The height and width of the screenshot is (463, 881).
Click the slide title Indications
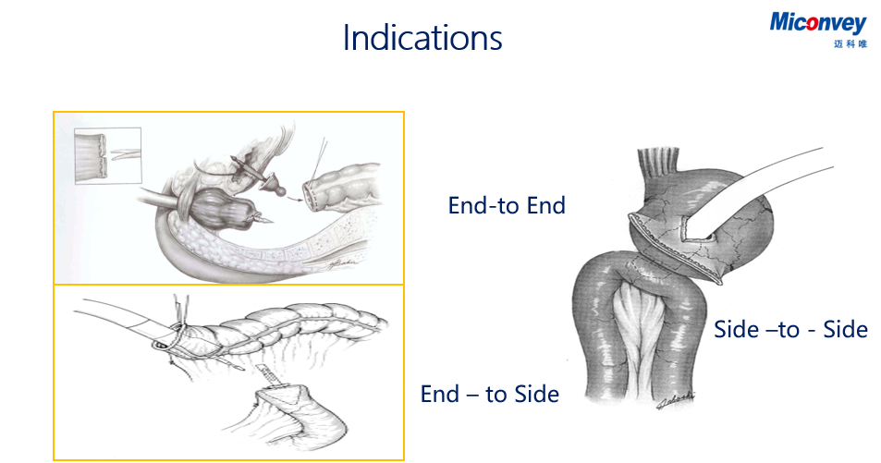point(422,38)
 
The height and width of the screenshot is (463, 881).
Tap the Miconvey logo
point(817,23)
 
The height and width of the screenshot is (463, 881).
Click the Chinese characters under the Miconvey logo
point(850,43)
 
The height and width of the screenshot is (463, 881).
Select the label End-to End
point(507,206)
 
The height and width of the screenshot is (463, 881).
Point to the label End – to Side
point(489,394)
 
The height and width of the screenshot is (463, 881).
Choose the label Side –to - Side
point(790,329)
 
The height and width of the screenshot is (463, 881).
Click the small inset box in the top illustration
point(107,155)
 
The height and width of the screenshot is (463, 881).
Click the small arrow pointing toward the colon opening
point(294,197)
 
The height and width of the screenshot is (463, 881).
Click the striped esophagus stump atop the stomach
point(658,165)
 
